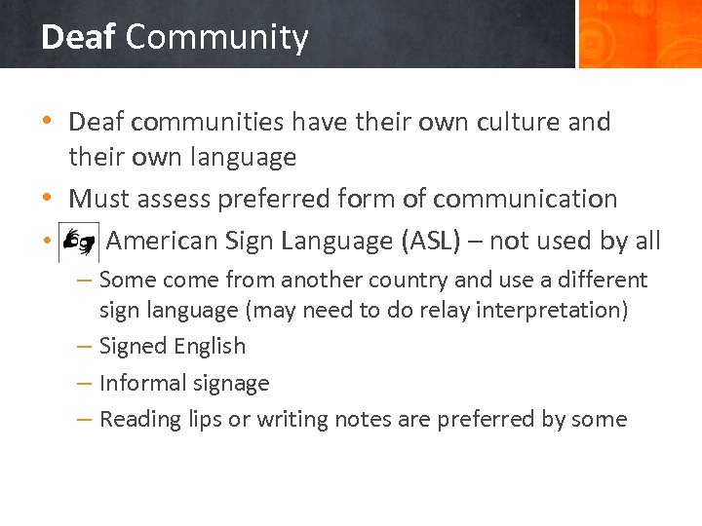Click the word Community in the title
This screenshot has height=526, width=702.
(216, 37)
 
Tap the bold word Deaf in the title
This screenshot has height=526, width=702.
(78, 37)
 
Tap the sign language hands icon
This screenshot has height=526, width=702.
(78, 242)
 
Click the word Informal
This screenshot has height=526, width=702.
(141, 384)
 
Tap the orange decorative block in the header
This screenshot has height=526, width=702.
(639, 34)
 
